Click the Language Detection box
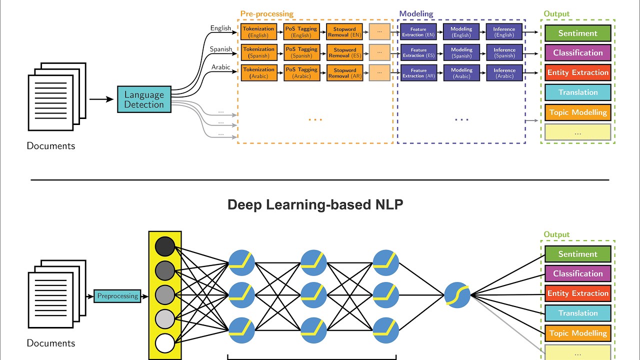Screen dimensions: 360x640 pyautogui.click(x=144, y=99)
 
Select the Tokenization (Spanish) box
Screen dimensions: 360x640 pyautogui.click(x=258, y=52)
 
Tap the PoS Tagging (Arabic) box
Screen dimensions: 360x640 pyautogui.click(x=301, y=72)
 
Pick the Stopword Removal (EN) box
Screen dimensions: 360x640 pyautogui.click(x=344, y=32)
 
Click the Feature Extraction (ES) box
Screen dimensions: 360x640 pyautogui.click(x=418, y=52)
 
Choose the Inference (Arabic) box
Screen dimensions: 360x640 pyautogui.click(x=504, y=73)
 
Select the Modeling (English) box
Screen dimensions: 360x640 pyautogui.click(x=461, y=32)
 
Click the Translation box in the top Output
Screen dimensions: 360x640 pyautogui.click(x=578, y=92)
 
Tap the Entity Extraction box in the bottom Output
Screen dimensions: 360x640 pyautogui.click(x=578, y=293)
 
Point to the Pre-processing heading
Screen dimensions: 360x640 pyautogui.click(x=267, y=14)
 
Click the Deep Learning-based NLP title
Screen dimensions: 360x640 pyautogui.click(x=315, y=205)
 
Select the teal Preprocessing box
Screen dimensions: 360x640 pyautogui.click(x=117, y=296)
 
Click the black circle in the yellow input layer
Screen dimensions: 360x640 pyautogui.click(x=165, y=246)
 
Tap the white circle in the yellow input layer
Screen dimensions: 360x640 pyautogui.click(x=165, y=344)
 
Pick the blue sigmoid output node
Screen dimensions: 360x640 pyautogui.click(x=457, y=295)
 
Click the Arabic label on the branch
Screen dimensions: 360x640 pyautogui.click(x=220, y=67)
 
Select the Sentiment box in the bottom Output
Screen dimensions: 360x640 pyautogui.click(x=578, y=254)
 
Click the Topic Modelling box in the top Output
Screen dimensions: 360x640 pyautogui.click(x=578, y=112)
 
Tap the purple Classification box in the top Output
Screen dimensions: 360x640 pyautogui.click(x=578, y=53)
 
